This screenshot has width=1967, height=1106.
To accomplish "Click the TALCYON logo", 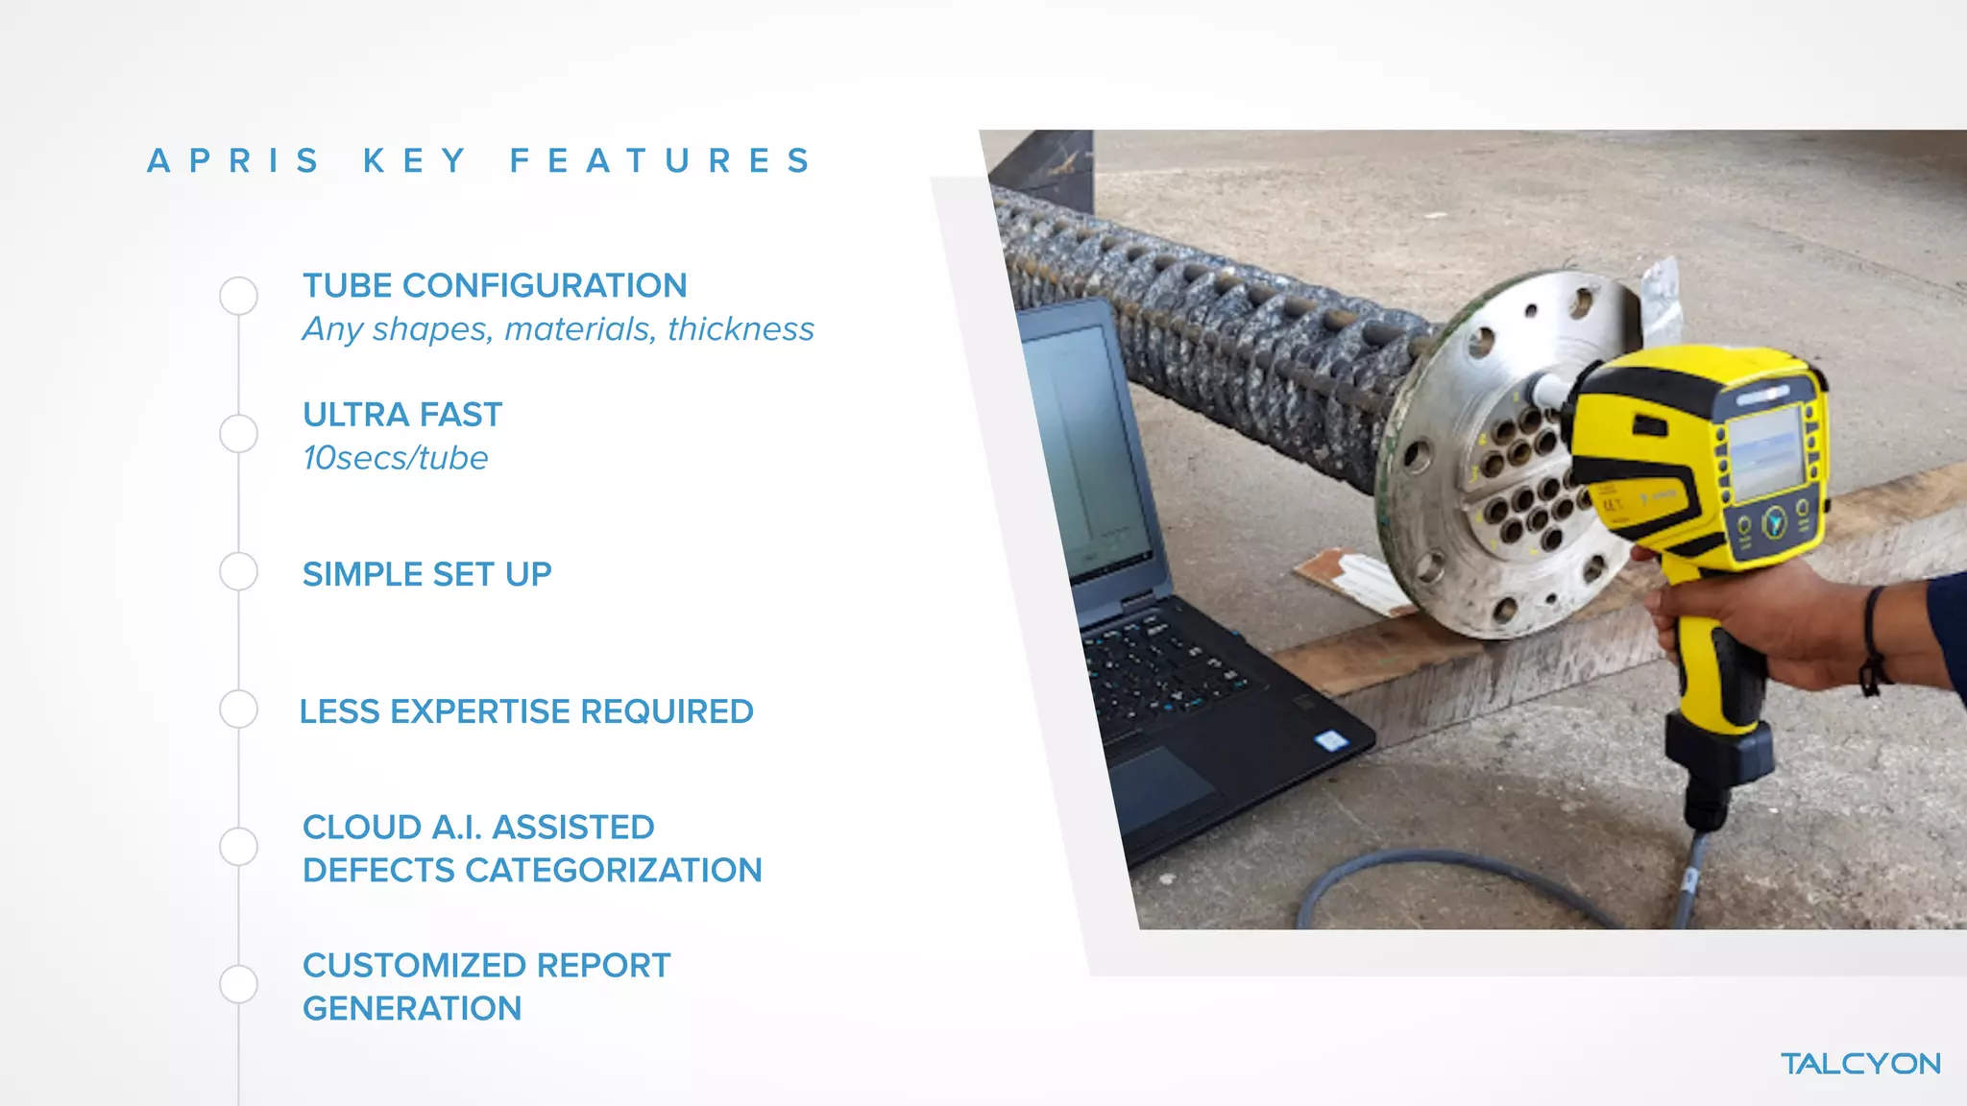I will coord(1860,1064).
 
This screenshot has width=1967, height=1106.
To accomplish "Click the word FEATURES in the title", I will coord(662,161).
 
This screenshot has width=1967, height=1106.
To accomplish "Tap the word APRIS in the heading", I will coord(233,161).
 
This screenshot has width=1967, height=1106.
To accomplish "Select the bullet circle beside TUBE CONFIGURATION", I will coord(238,296).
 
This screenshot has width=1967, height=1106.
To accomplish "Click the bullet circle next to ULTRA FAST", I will coord(238,434).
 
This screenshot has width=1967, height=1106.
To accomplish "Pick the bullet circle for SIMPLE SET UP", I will coord(238,572).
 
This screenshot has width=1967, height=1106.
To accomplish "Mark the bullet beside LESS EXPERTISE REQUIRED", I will coord(238,709).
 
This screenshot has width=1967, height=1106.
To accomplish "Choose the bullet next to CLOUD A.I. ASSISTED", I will coord(238,847).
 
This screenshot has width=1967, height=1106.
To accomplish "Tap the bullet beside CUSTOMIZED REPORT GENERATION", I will coord(238,984).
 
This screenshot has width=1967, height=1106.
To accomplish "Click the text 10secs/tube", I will coord(395,458).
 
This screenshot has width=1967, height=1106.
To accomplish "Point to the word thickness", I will coord(741,329).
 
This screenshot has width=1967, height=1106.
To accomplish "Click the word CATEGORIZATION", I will coord(613,871).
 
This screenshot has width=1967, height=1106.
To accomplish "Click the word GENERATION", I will coord(412,1009).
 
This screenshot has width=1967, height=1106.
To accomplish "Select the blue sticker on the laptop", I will coord(1330,740).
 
